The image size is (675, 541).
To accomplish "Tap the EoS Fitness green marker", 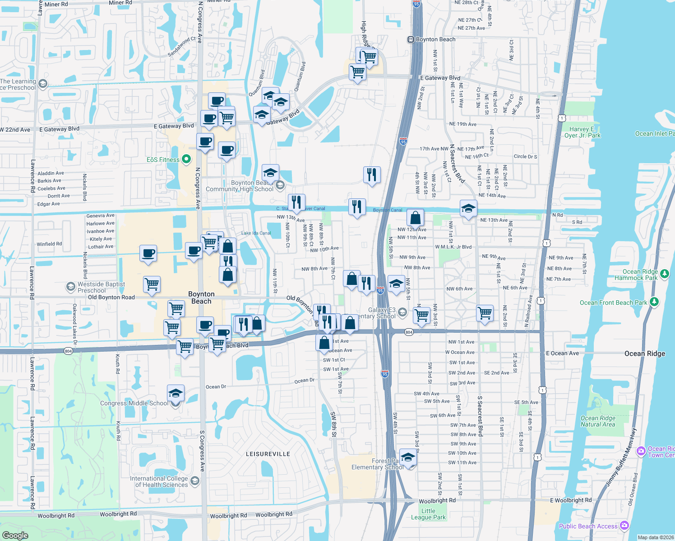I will tap(186, 159).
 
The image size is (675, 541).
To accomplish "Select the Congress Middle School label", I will tap(134, 403).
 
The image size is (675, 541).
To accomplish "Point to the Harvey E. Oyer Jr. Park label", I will tap(582, 132).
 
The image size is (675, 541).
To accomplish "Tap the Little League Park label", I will tap(428, 514).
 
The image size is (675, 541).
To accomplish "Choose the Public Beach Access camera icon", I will tap(624, 525).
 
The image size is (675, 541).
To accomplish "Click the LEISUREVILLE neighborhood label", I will tap(268, 454).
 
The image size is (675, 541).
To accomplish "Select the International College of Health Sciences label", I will tap(159, 481).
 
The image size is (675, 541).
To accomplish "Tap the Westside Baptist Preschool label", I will tap(101, 287).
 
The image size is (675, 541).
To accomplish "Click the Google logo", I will tap(15, 535).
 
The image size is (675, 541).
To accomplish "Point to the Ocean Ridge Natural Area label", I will tap(598, 421).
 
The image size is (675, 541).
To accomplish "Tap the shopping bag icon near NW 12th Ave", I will tap(415, 218).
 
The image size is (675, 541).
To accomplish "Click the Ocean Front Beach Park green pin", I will tap(654, 302).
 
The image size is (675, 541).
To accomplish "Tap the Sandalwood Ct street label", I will tap(181, 46).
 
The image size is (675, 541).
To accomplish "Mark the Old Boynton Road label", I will tap(111, 297).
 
